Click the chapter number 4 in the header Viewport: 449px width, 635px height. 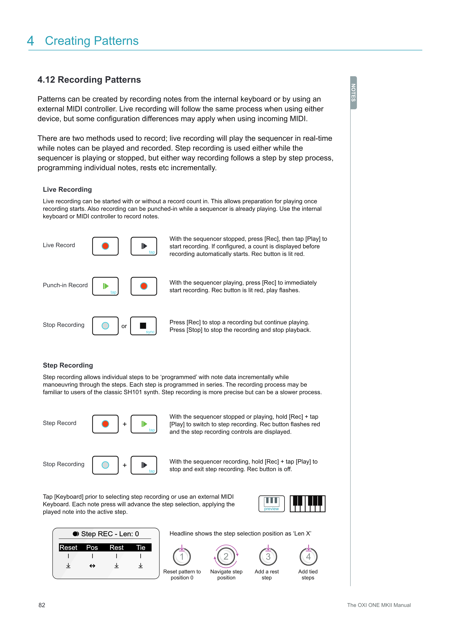30,41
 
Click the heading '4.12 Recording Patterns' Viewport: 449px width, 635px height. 89,80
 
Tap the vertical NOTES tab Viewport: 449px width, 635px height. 353,93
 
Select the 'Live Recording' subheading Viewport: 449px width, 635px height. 67,189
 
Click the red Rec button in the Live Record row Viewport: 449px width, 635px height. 105,246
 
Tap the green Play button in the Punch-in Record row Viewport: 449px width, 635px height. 105,286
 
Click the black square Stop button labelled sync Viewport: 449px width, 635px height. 143,326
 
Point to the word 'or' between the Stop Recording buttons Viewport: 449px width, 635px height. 124,326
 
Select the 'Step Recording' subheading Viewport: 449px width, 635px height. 68,365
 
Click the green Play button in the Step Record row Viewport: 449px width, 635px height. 144,424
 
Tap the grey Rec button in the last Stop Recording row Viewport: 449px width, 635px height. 105,465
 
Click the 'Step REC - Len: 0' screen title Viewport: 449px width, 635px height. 106,534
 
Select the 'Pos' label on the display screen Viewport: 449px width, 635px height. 92,548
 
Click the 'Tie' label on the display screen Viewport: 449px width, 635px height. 141,548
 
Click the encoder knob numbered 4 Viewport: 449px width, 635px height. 308,557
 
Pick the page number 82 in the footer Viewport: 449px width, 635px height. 42,605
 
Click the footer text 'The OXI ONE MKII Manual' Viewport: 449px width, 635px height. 379,605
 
